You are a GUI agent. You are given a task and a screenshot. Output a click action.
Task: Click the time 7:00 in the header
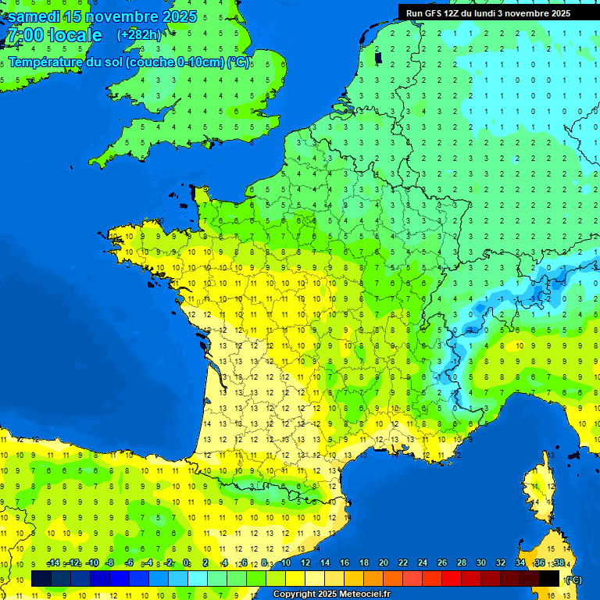(24, 35)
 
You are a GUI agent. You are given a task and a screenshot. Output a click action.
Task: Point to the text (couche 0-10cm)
(175, 62)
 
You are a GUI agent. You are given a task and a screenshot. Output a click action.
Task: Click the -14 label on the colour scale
(53, 563)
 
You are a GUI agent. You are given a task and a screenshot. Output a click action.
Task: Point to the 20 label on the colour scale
(384, 563)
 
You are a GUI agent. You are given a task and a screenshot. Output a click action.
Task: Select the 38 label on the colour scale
(559, 563)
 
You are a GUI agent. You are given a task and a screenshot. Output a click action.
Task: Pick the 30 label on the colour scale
(480, 563)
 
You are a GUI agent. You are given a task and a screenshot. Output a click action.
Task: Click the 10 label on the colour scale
(286, 563)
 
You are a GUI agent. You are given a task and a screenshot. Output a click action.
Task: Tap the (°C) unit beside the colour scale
(573, 580)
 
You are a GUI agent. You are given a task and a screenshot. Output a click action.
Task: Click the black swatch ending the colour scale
(549, 578)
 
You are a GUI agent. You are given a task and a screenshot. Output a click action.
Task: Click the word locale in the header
(75, 35)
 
